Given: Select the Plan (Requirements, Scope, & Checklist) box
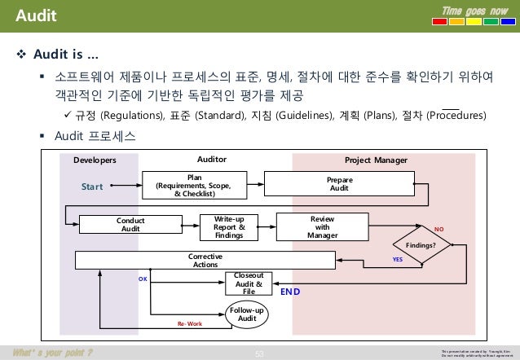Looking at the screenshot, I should click(x=194, y=184).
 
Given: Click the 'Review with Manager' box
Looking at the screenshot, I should click(x=322, y=224).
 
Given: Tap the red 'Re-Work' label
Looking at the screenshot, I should click(x=189, y=323).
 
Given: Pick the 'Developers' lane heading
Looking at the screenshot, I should click(x=95, y=160).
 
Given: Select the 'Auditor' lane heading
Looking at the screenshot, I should click(x=212, y=160).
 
